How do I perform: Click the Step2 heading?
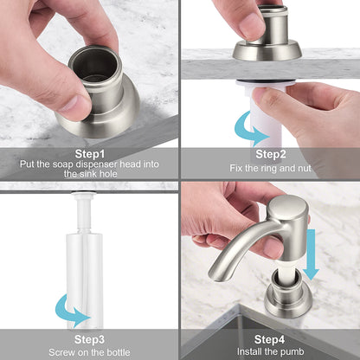(271, 153)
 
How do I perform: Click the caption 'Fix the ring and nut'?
(271, 167)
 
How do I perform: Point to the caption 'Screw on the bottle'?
(89, 352)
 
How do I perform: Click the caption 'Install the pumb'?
(271, 352)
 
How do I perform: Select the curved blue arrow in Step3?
(70, 309)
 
